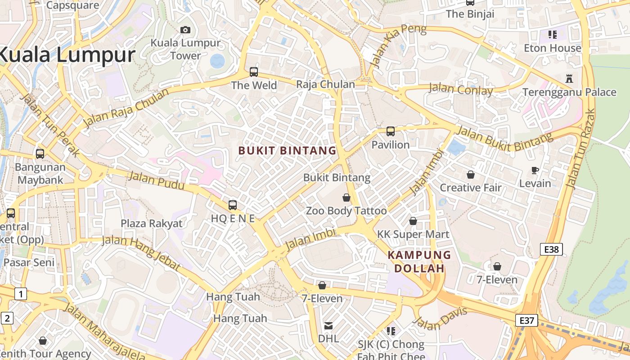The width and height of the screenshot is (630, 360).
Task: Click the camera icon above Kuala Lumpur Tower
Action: pyautogui.click(x=185, y=30)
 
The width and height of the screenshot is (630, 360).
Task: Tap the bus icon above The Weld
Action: pyautogui.click(x=254, y=72)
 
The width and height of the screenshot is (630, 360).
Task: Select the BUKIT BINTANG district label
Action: pyautogui.click(x=287, y=151)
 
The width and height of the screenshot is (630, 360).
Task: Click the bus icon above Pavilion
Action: pyautogui.click(x=390, y=131)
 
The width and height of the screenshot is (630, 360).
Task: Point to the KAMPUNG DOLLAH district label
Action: pyautogui.click(x=419, y=261)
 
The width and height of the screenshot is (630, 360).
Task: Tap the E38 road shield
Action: pyautogui.click(x=551, y=249)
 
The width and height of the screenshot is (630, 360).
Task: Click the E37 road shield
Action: pyautogui.click(x=526, y=320)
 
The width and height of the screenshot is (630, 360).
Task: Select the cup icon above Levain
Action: pyautogui.click(x=535, y=170)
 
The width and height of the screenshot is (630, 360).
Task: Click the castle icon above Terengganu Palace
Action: pyautogui.click(x=569, y=78)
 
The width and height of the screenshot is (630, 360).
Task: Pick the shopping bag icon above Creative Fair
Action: pyautogui.click(x=470, y=174)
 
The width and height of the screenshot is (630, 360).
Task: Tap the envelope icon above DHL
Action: pyautogui.click(x=328, y=325)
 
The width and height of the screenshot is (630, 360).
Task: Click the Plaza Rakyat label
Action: pyautogui.click(x=152, y=223)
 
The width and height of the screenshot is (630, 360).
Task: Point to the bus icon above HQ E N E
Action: pyautogui.click(x=233, y=205)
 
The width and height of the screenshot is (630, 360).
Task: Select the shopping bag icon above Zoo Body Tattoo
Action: pyautogui.click(x=346, y=197)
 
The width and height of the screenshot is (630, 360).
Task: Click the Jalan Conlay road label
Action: pyautogui.click(x=460, y=89)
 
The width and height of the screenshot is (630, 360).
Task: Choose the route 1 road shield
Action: pyautogui.click(x=21, y=294)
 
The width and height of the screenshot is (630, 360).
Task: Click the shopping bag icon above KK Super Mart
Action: pyautogui.click(x=413, y=221)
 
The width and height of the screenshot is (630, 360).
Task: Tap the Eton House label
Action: pyautogui.click(x=553, y=48)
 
